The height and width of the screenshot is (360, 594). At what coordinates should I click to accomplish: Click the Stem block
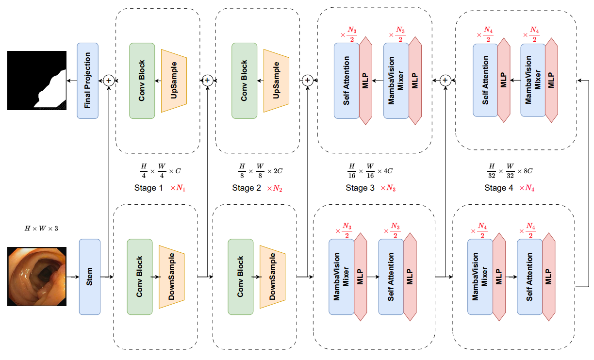pyautogui.click(x=89, y=277)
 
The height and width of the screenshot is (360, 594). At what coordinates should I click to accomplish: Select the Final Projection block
pyautogui.click(x=88, y=81)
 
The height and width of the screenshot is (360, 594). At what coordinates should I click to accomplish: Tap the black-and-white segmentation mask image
pyautogui.click(x=37, y=81)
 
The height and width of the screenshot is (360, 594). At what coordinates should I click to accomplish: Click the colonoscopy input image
pyautogui.click(x=37, y=277)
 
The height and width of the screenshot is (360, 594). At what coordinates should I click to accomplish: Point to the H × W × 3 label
pyautogui.click(x=41, y=228)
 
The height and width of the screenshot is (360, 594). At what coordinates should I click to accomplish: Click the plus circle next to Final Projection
pyautogui.click(x=109, y=81)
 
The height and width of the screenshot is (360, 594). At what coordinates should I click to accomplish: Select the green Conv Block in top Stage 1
pyautogui.click(x=142, y=81)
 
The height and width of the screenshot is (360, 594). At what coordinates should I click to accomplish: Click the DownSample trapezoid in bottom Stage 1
pyautogui.click(x=172, y=277)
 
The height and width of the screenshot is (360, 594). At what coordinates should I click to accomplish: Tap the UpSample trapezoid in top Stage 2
pyautogui.click(x=276, y=81)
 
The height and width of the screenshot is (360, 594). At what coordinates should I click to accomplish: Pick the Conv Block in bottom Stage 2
pyautogui.click(x=240, y=277)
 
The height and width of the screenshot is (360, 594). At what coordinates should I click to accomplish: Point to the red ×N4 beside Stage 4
pyautogui.click(x=527, y=188)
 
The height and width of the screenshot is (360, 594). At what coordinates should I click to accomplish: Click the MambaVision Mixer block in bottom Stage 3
pyautogui.click(x=342, y=277)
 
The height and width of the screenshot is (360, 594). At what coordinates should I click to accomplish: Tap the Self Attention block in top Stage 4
pyautogui.click(x=485, y=81)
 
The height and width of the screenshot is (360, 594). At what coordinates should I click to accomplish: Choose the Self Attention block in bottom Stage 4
pyautogui.click(x=529, y=277)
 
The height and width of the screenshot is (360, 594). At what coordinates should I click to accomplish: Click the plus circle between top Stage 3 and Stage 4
pyautogui.click(x=445, y=81)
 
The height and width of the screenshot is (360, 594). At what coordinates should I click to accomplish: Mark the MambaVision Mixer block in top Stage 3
pyautogui.click(x=396, y=81)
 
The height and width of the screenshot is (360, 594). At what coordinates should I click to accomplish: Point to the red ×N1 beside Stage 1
pyautogui.click(x=178, y=188)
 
